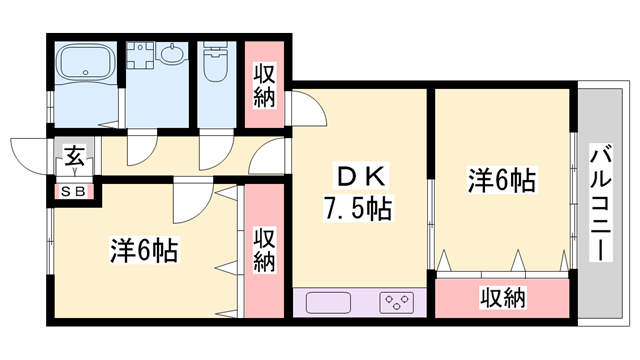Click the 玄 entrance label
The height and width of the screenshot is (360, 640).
click(75, 157)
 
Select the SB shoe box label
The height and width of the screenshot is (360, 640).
click(74, 191)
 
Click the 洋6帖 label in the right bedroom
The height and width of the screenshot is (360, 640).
click(502, 181)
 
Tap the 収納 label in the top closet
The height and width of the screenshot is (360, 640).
click(265, 85)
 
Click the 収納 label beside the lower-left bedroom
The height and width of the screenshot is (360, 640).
click(264, 251)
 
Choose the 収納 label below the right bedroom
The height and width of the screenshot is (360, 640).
click(502, 297)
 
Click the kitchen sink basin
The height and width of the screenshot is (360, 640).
click(331, 302)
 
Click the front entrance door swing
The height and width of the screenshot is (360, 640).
click(30, 155)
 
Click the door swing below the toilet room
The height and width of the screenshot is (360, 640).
click(215, 151)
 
